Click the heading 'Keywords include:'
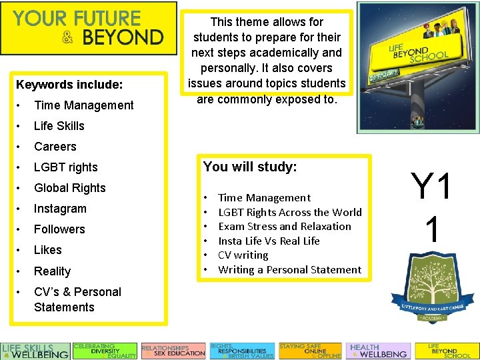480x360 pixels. click(69, 85)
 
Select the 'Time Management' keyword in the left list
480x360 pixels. click(83, 105)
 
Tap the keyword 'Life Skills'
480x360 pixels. click(59, 126)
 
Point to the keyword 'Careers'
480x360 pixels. click(55, 147)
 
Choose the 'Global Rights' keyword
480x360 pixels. click(69, 188)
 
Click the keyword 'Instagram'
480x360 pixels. click(60, 209)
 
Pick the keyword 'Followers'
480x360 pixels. click(59, 229)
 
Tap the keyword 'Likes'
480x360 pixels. click(47, 250)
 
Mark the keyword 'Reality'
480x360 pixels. click(52, 271)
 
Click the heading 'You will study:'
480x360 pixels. click(249, 167)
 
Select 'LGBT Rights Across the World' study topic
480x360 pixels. click(289, 212)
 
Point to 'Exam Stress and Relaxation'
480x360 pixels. click(284, 226)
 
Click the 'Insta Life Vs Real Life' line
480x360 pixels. click(269, 241)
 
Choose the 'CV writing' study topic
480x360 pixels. click(243, 255)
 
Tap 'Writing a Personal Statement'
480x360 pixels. click(289, 269)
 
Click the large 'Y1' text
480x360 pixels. click(431, 186)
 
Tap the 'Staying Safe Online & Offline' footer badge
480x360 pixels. click(309, 351)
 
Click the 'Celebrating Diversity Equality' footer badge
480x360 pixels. click(105, 351)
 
